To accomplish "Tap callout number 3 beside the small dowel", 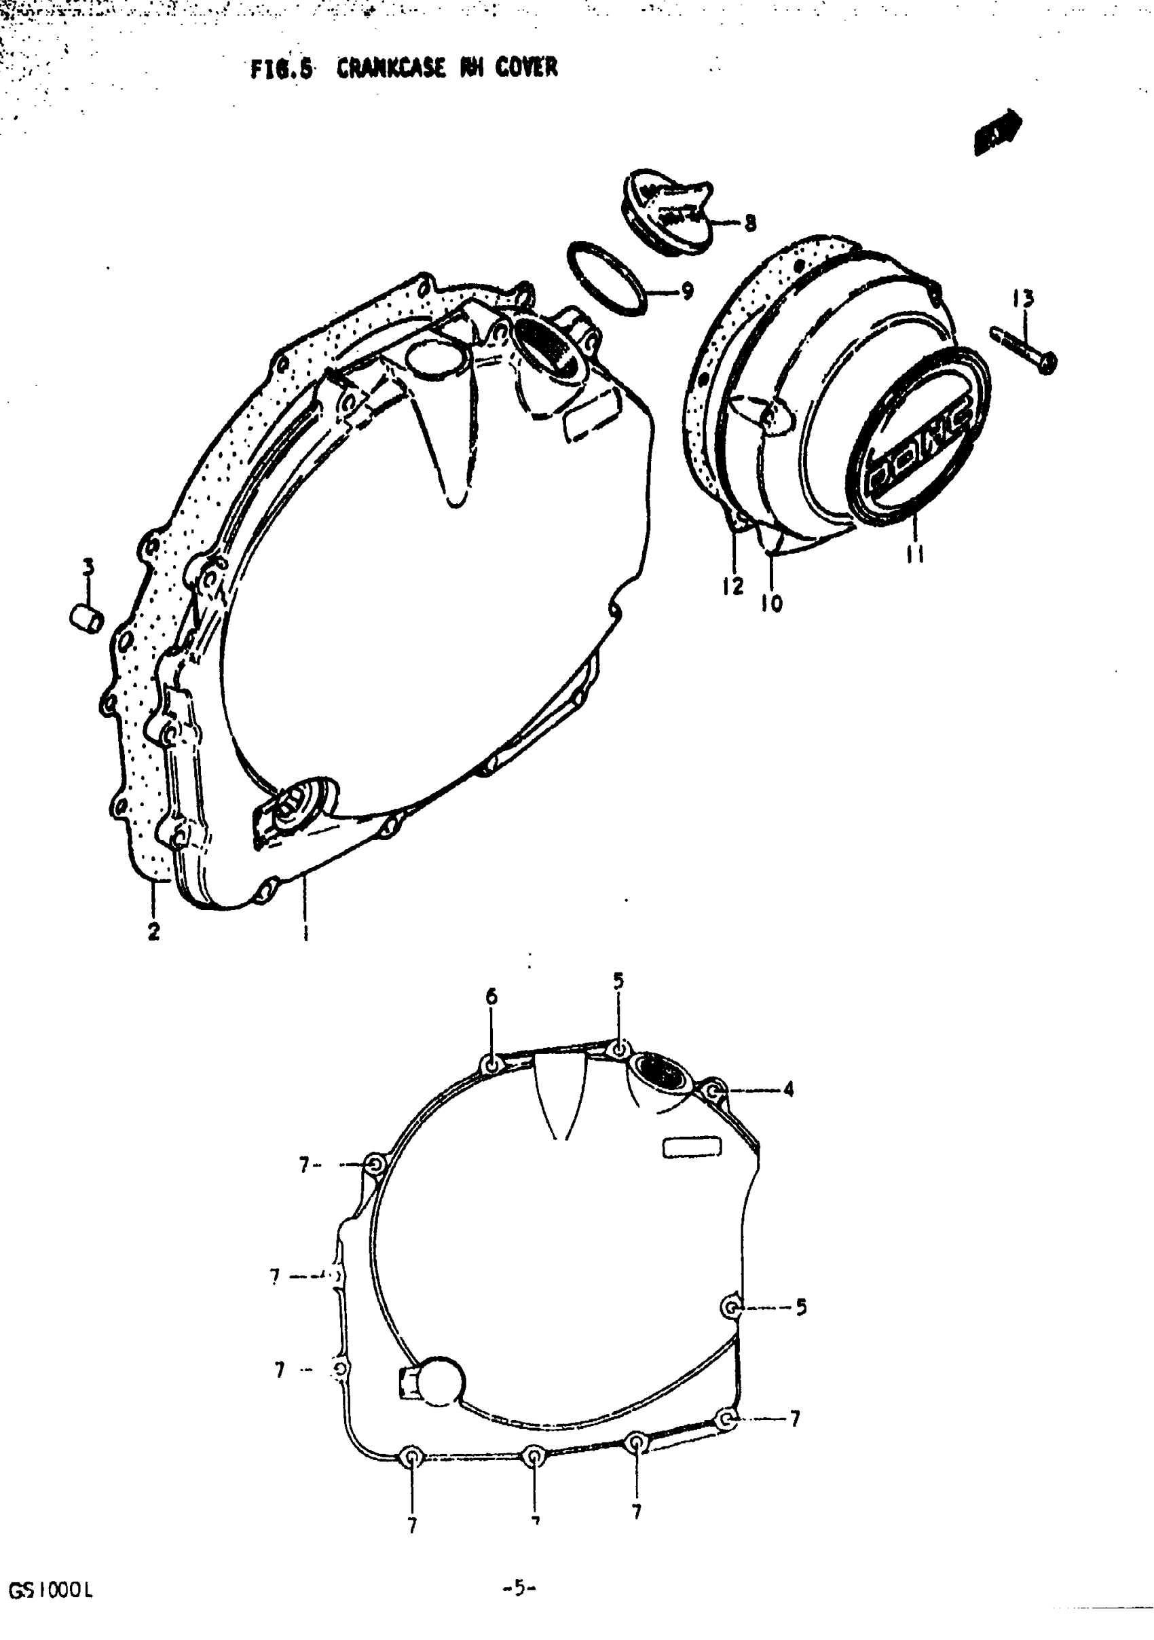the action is pyautogui.click(x=87, y=568).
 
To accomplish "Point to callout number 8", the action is pyautogui.click(x=749, y=223).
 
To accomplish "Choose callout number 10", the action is pyautogui.click(x=772, y=604).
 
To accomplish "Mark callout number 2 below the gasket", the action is pyautogui.click(x=153, y=932).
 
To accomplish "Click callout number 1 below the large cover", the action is pyautogui.click(x=305, y=932).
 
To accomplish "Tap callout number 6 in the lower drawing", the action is pyautogui.click(x=491, y=996).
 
